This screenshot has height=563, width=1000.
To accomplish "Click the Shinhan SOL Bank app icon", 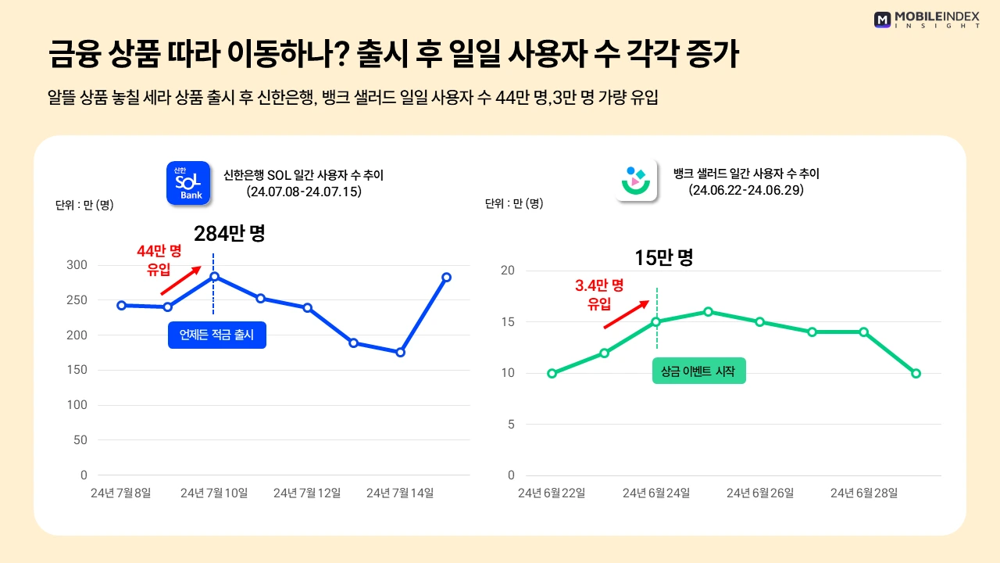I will click(188, 183).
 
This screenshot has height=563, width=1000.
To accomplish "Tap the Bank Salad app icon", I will click(636, 180).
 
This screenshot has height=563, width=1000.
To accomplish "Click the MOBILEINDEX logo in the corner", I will click(927, 20).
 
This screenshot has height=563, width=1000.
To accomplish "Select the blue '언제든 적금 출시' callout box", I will click(217, 335).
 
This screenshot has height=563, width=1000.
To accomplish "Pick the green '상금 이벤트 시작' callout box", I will click(698, 371).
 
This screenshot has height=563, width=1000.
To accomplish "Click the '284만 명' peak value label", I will click(229, 233).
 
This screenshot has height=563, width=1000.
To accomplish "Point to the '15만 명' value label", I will click(663, 257).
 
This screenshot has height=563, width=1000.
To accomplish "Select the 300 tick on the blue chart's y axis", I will click(77, 265).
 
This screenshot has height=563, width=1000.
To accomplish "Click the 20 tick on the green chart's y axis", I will click(509, 271).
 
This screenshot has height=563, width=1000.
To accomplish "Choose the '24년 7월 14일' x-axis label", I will click(400, 493).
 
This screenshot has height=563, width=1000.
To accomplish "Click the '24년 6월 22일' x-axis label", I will click(552, 493).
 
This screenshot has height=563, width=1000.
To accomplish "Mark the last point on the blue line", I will click(446, 277).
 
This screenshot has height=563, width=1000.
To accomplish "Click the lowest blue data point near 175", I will click(400, 353).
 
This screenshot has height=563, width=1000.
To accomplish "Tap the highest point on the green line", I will click(708, 311).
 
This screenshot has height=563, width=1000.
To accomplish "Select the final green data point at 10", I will click(916, 373).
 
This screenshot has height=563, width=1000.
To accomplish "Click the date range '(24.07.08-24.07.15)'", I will click(303, 191).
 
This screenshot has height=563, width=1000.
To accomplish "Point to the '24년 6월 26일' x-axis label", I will click(760, 493).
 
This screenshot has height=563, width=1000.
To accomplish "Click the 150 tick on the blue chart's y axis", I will click(77, 370).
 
